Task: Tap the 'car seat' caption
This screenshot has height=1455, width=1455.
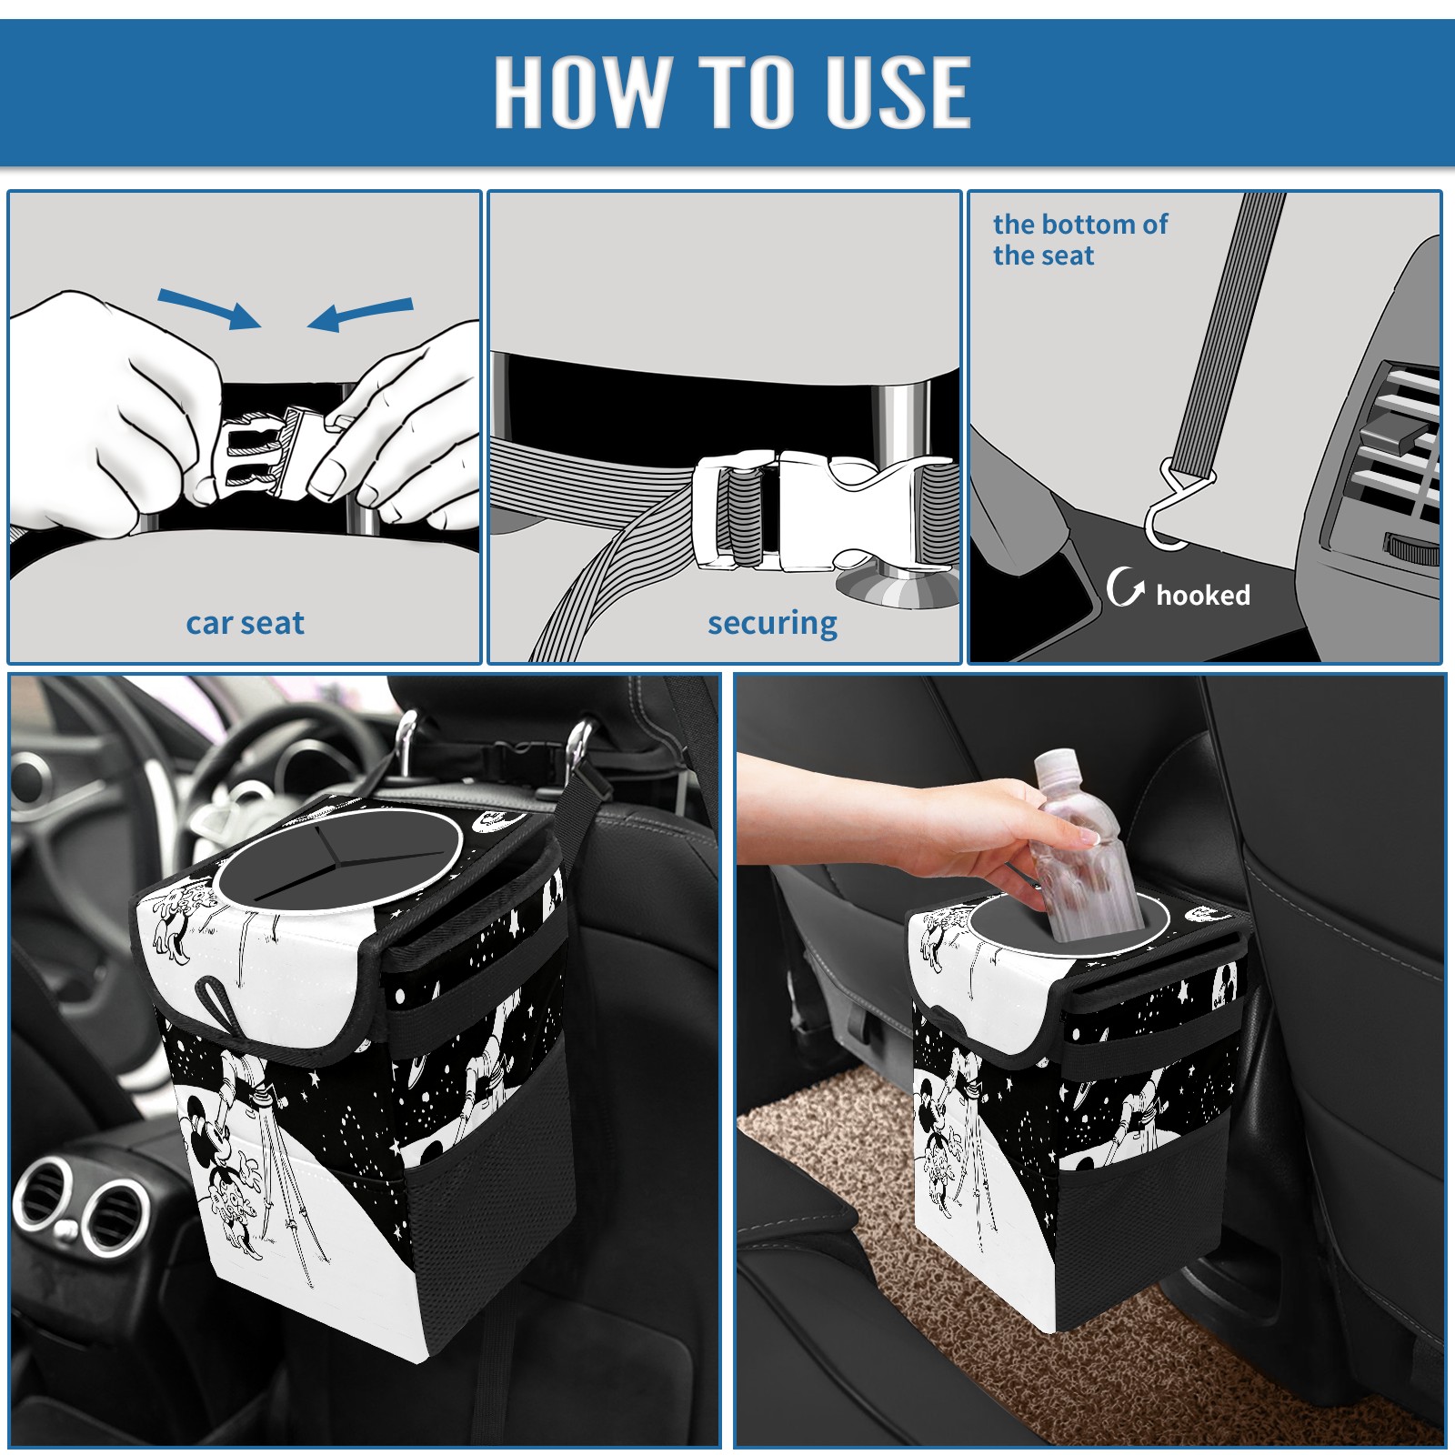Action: pyautogui.click(x=245, y=623)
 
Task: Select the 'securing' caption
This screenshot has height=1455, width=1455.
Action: pyautogui.click(x=772, y=624)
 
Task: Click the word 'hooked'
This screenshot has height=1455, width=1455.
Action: pyautogui.click(x=1202, y=595)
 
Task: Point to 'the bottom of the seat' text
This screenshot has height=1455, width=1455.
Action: pyautogui.click(x=1079, y=239)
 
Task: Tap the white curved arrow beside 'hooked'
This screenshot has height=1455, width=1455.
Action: pyautogui.click(x=1125, y=587)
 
